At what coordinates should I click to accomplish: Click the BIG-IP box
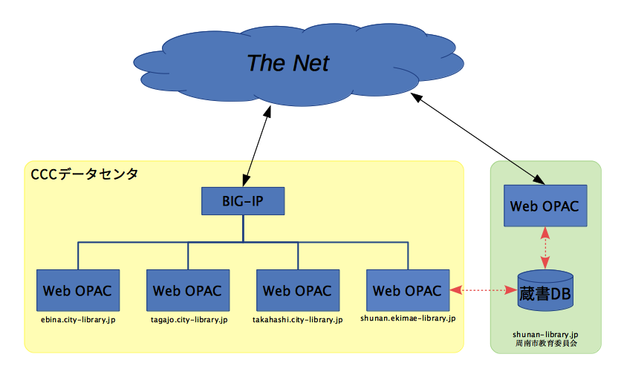point(243,201)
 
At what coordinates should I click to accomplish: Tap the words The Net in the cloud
point(288,63)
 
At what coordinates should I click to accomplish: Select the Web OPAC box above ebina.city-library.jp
point(78,290)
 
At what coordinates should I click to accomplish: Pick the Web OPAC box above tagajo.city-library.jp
point(188,290)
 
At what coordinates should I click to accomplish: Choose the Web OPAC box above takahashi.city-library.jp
point(298,290)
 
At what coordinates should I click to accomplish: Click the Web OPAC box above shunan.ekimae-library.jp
point(408,290)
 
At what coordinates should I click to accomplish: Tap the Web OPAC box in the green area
point(545,206)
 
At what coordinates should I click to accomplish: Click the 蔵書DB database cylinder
point(545,291)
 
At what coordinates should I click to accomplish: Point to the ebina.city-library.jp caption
point(78,320)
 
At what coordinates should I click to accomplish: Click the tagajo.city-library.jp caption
point(189,320)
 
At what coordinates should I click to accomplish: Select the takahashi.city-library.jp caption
point(298,320)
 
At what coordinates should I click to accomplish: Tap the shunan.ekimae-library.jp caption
point(408,318)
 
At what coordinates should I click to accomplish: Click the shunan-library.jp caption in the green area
point(545,335)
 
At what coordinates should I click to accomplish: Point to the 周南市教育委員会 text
point(546,344)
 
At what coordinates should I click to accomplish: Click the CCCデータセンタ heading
point(85,174)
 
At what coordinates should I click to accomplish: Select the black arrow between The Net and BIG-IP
point(257,146)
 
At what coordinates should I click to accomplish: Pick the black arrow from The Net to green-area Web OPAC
point(477,138)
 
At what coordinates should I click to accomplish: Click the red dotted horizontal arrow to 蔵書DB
point(484,290)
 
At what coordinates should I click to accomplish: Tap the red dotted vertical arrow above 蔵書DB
point(545,248)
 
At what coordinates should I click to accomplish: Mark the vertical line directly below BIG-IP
point(243,228)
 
